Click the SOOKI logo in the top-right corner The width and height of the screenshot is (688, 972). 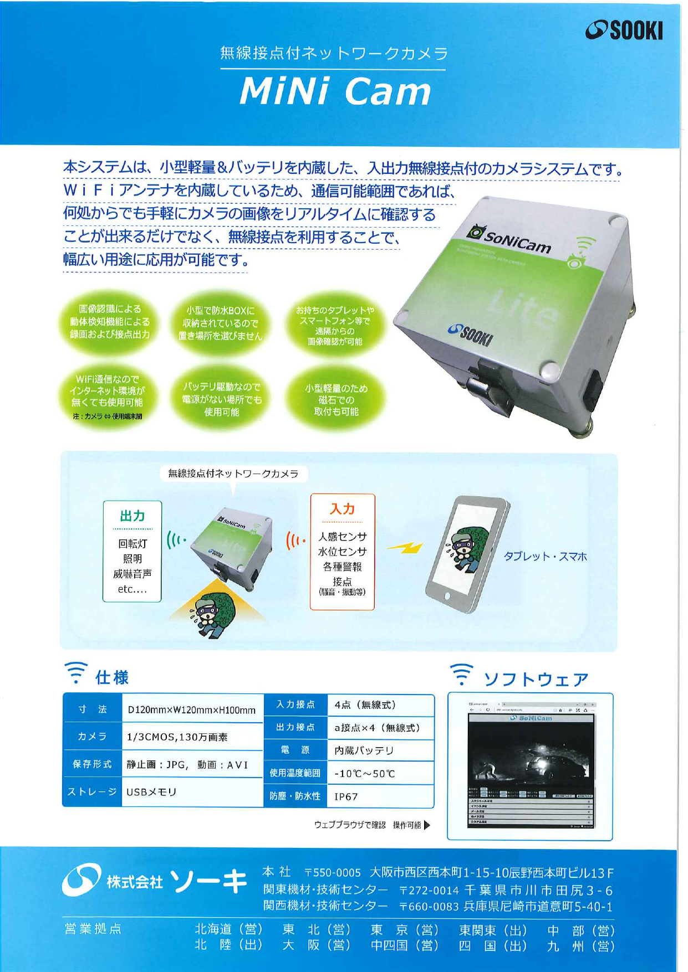click(624, 30)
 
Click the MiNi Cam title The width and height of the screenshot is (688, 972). click(335, 91)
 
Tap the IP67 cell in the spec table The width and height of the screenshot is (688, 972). click(346, 796)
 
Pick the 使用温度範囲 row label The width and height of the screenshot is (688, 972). click(295, 773)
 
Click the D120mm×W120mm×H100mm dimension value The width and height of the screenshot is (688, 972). click(191, 710)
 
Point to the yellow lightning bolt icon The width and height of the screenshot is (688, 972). click(404, 548)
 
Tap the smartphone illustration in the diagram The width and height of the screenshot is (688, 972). click(467, 554)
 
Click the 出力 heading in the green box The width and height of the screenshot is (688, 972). click(132, 516)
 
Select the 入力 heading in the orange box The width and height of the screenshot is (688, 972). click(342, 509)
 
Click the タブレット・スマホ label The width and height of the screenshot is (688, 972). click(545, 557)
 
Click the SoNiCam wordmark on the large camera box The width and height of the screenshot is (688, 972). click(517, 241)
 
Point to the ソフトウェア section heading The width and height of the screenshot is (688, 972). click(536, 679)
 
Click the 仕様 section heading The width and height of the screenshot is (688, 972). click(112, 677)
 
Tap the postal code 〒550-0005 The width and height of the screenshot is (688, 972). click(333, 873)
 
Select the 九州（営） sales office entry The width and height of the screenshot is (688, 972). click(581, 946)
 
